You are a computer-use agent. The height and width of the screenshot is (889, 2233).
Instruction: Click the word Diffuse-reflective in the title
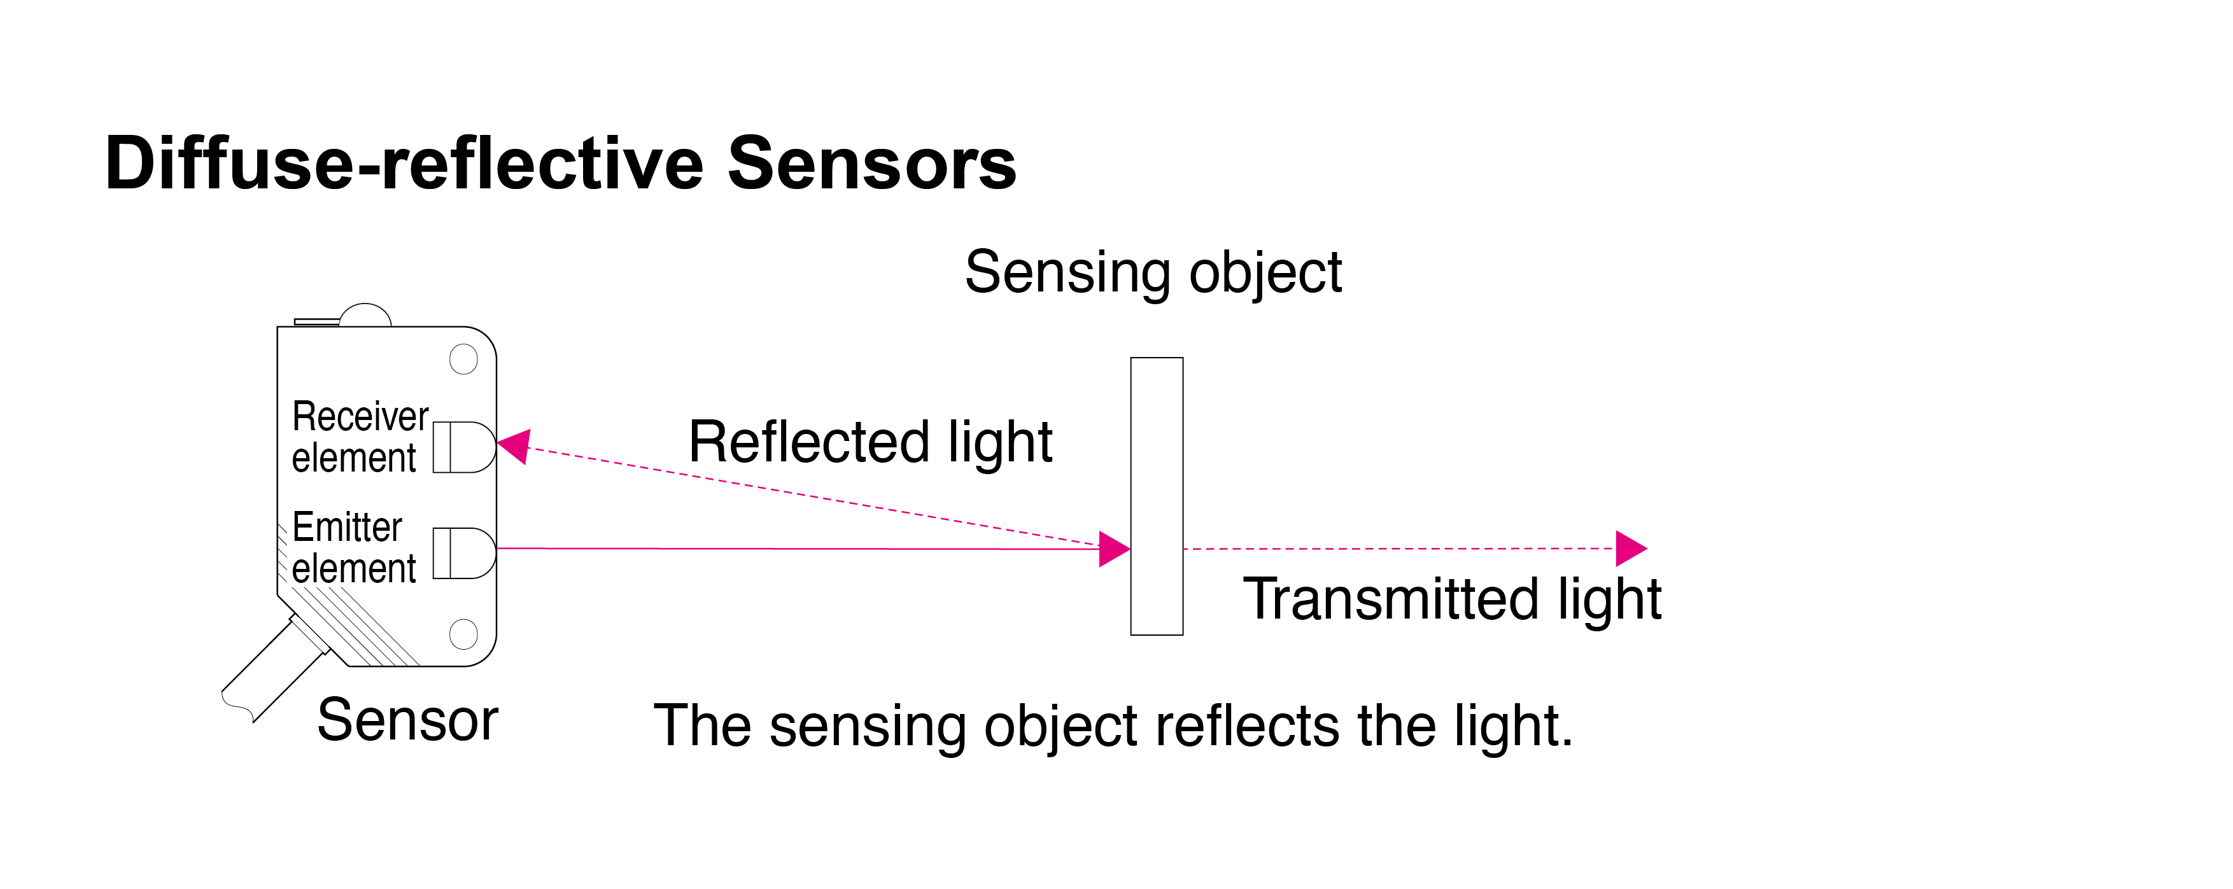403,165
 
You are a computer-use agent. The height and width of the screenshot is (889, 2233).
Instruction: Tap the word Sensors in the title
871,165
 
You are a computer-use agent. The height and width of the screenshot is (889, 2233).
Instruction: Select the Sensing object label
1153,273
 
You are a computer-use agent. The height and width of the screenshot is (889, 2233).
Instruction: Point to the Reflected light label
870,442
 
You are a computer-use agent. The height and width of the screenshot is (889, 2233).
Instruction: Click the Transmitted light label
1452,599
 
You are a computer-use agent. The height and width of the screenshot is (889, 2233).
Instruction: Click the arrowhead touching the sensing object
1113,549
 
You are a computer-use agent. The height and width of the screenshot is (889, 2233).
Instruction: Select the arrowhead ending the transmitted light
1630,549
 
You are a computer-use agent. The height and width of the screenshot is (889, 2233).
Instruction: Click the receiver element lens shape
465,447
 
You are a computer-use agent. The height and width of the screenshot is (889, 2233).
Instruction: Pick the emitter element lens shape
465,553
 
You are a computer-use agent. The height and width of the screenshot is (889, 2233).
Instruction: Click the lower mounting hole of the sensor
464,633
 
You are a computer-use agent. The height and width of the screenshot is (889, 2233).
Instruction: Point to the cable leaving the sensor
273,671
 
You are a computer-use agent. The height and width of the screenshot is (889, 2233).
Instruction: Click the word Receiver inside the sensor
360,417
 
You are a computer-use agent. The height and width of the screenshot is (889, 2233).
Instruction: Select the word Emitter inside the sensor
347,527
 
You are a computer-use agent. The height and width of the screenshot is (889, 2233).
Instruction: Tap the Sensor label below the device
407,720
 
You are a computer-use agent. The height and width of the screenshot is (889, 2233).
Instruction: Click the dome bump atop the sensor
365,314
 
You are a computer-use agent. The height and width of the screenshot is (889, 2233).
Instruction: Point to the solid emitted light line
798,549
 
